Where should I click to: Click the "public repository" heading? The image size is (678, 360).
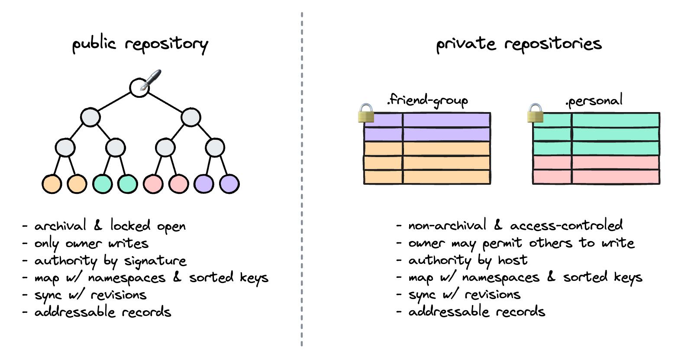[x=140, y=45]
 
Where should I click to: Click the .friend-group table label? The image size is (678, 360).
[x=427, y=101]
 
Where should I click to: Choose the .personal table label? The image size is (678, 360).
[x=594, y=101]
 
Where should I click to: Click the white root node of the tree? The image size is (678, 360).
[x=139, y=87]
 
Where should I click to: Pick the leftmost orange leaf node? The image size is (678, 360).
[x=52, y=184]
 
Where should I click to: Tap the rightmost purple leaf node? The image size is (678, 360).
[x=229, y=184]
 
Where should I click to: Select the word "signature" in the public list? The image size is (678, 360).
[x=155, y=261]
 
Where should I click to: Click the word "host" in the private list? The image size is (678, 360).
[x=513, y=260]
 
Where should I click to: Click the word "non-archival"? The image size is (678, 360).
[x=447, y=225]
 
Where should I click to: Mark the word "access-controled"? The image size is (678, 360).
[x=566, y=225]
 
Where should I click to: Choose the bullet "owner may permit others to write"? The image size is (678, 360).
[x=521, y=243]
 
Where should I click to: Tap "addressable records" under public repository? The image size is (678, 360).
[x=103, y=312]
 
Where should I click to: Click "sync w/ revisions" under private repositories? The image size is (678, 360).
[x=464, y=295]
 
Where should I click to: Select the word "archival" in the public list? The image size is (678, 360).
[x=60, y=226]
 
